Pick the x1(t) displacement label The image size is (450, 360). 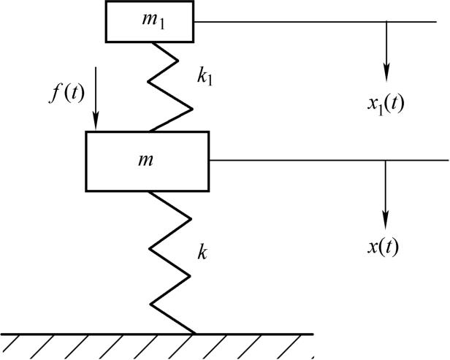[x=386, y=103]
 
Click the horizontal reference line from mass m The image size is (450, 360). [x=329, y=159]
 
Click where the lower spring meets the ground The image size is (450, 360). [x=194, y=333]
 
